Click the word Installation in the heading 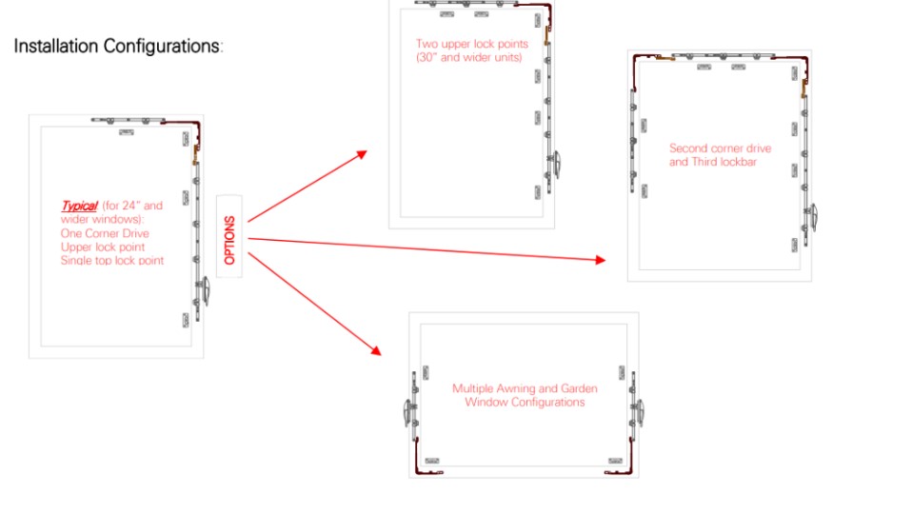point(56,46)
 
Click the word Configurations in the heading point(162,46)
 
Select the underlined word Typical point(80,206)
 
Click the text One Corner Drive point(105,233)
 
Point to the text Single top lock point point(112,261)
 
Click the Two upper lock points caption point(471,44)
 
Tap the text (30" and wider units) point(468,57)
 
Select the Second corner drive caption point(720,148)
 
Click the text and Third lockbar point(712,162)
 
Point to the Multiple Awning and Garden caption point(525,388)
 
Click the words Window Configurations point(525,402)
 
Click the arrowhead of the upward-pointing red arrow point(363,154)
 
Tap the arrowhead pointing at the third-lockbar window point(601,260)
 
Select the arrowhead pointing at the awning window point(376,350)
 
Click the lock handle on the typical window point(205,290)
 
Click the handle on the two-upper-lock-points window point(556,165)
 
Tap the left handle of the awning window point(407,412)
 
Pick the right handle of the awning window point(639,412)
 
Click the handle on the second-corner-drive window point(813,217)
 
